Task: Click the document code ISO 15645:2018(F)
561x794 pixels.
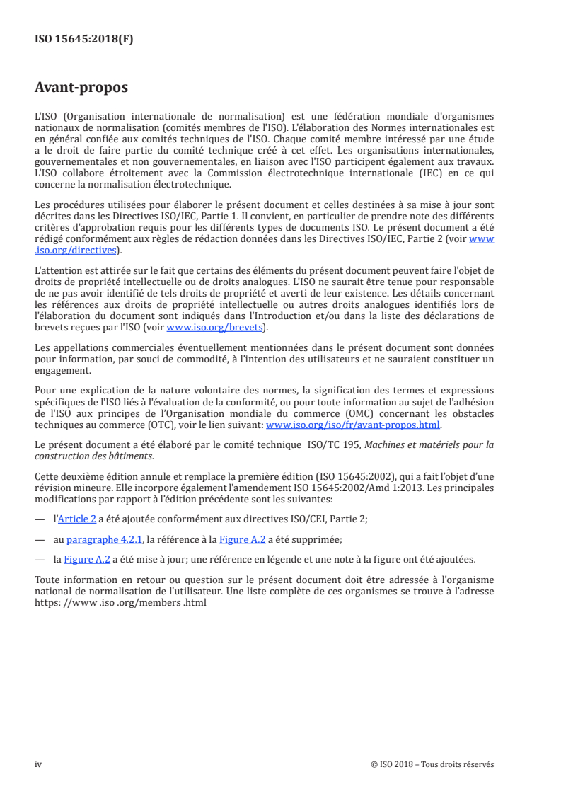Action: [83, 40]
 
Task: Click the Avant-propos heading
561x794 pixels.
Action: [81, 88]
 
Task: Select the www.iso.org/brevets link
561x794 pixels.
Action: [214, 327]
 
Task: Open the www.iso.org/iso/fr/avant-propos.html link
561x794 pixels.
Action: [352, 425]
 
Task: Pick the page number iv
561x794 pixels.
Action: [38, 764]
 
